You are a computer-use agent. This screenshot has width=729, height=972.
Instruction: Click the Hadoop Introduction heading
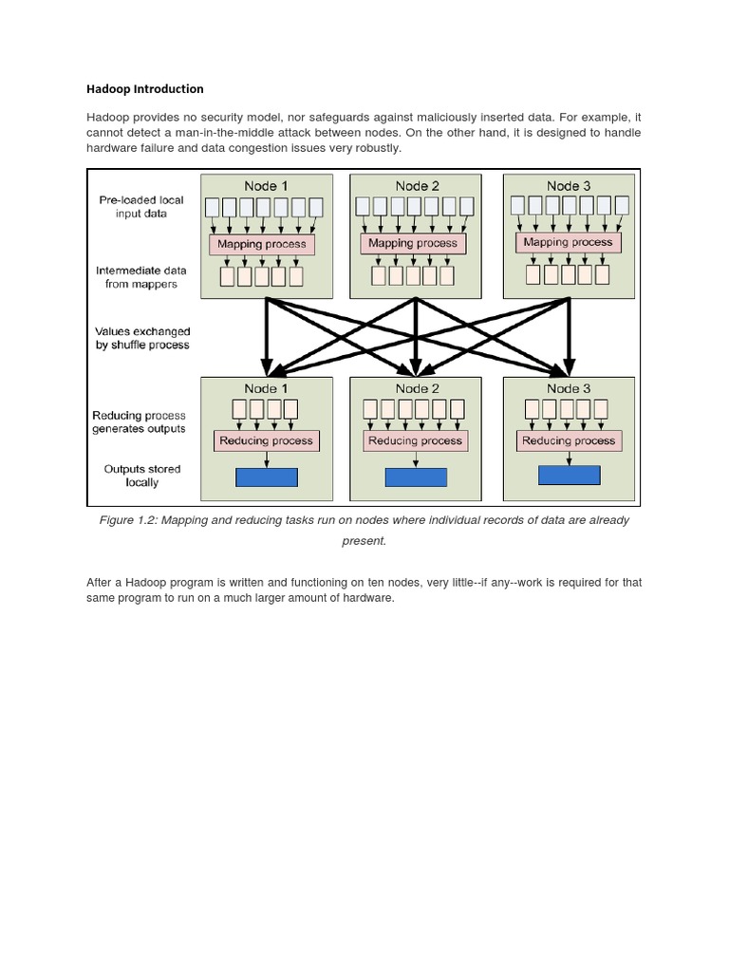click(144, 89)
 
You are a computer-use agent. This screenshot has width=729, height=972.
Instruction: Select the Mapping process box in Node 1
click(261, 244)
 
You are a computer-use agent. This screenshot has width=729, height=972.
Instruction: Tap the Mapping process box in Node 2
click(412, 244)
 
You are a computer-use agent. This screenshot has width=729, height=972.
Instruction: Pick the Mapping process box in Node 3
click(568, 242)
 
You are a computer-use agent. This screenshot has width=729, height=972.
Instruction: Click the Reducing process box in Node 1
click(266, 440)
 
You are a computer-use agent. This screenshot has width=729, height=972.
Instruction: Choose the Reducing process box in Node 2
click(415, 440)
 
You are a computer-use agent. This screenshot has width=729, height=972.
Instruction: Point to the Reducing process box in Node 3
click(569, 440)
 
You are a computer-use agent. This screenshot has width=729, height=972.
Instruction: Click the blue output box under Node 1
click(266, 477)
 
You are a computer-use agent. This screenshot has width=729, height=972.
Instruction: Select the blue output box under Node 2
click(416, 477)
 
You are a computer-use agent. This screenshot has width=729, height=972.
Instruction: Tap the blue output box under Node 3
click(569, 475)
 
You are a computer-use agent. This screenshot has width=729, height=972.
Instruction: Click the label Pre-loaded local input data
click(141, 207)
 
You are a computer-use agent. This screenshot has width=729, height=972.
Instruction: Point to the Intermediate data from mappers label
click(141, 277)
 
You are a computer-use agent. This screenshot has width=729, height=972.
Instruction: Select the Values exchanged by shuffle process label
click(142, 338)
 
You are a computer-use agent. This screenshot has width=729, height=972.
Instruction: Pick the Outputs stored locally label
click(142, 476)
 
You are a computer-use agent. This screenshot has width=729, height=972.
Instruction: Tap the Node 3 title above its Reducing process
click(568, 388)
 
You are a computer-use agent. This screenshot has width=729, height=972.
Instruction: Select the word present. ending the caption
click(364, 541)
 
